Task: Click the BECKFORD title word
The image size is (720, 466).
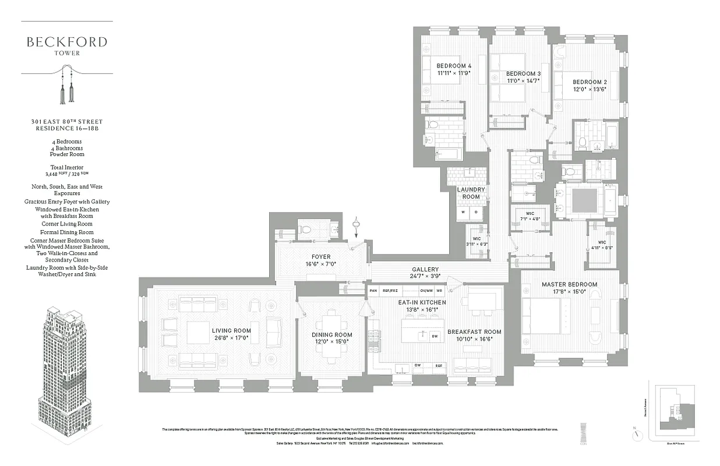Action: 66,42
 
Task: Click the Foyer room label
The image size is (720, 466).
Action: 321,257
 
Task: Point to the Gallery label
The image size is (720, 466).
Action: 425,269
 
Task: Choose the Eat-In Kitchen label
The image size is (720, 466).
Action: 422,303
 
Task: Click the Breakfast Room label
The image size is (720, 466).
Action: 474,332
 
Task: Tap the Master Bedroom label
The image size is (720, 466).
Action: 569,284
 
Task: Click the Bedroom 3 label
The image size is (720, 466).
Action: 523,73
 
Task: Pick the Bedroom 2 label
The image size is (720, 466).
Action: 589,82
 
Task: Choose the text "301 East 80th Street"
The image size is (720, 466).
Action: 66,122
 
